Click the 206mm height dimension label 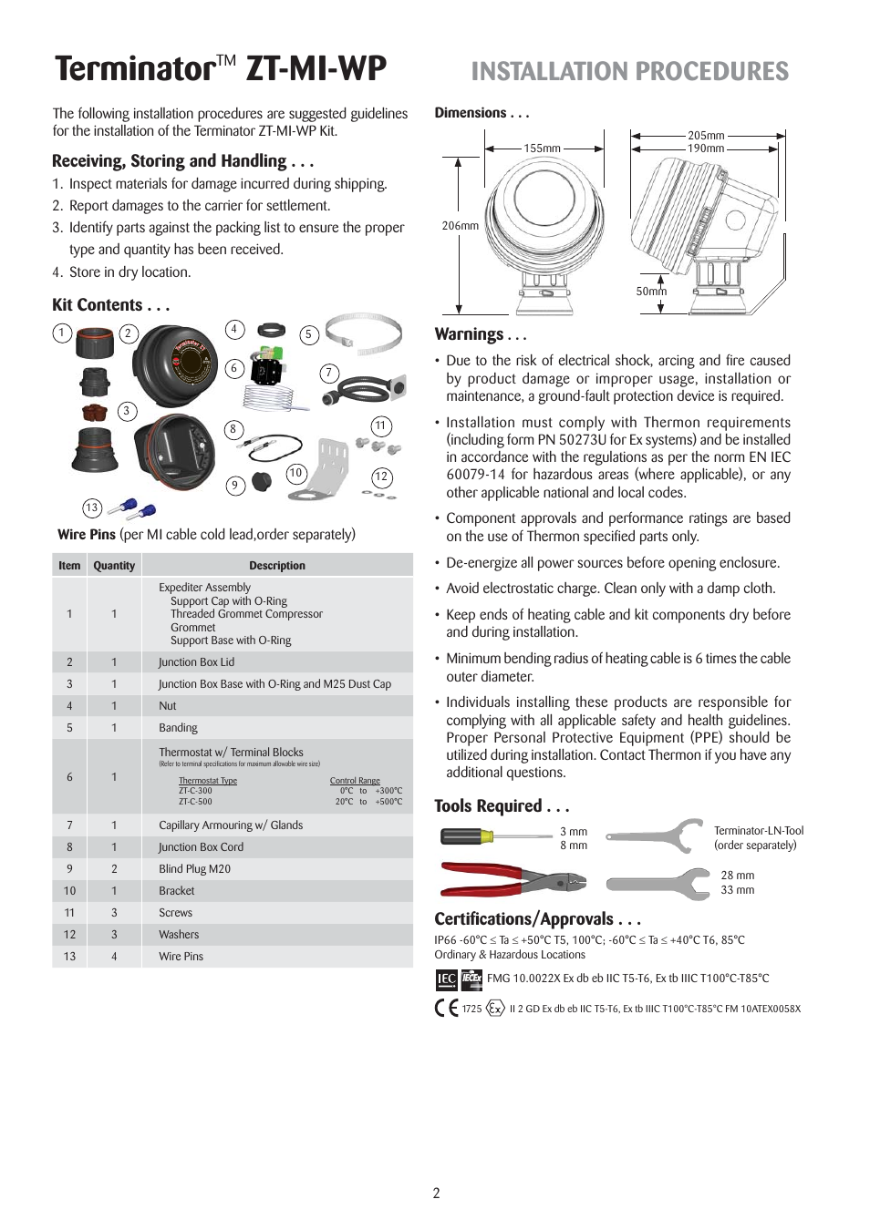click(460, 226)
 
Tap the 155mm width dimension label click(542, 149)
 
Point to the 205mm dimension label click(706, 136)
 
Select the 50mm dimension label click(651, 292)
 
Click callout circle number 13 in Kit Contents click(91, 508)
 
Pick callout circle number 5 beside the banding click(308, 335)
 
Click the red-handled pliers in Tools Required click(511, 879)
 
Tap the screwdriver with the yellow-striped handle click(497, 836)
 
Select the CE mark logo click(446, 1008)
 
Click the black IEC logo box click(446, 979)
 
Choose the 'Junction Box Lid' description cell click(196, 662)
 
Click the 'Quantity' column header click(114, 566)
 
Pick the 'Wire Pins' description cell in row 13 click(181, 957)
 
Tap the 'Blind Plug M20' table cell click(194, 869)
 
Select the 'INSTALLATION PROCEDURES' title click(629, 72)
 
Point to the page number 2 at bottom click(436, 1194)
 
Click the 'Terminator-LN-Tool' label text click(758, 831)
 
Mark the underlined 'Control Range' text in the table click(355, 781)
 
